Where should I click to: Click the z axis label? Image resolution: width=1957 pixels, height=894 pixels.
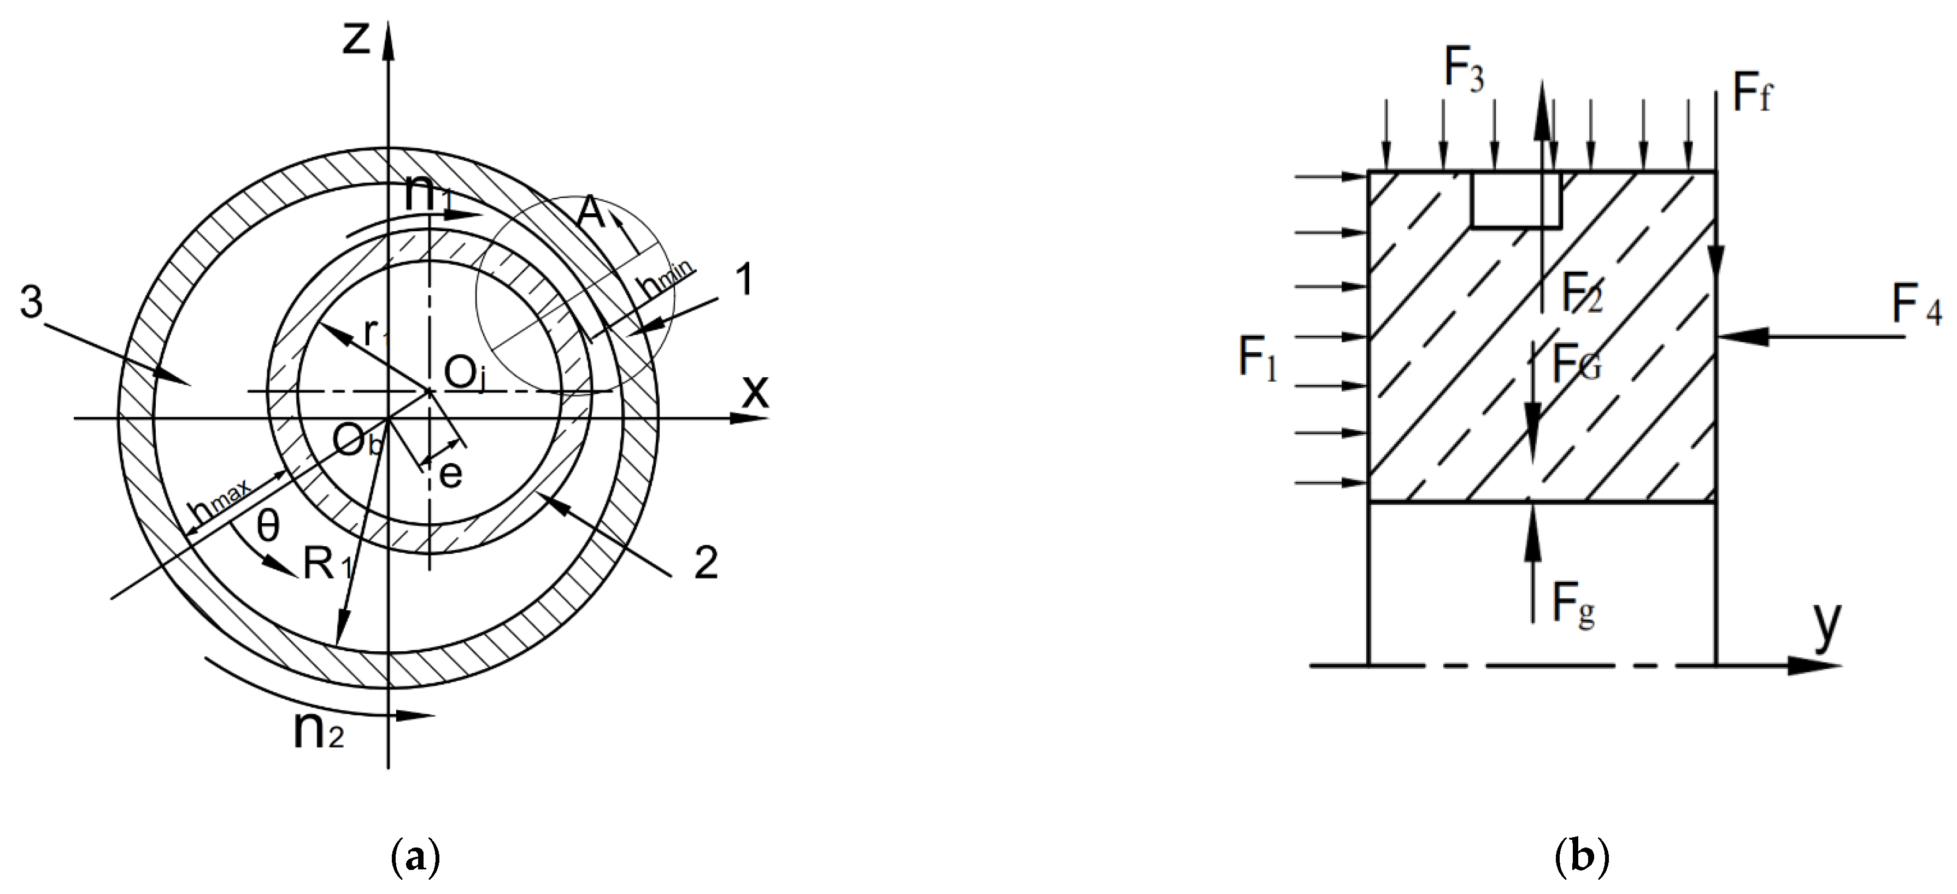click(356, 39)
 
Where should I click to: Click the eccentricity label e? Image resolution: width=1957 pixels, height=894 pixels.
click(450, 475)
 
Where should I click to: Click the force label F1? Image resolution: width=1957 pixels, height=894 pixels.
click(1258, 359)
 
